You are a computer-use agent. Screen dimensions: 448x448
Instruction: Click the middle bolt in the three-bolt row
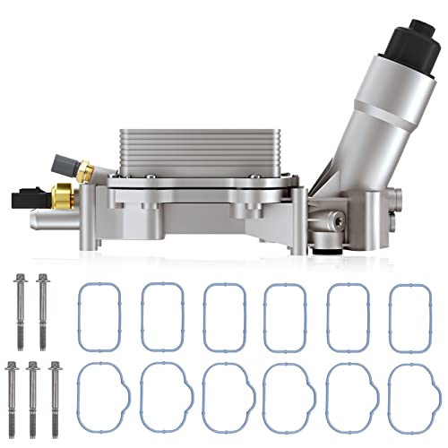pos(33,390)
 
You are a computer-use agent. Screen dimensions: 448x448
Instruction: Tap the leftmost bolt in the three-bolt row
pos(13,390)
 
